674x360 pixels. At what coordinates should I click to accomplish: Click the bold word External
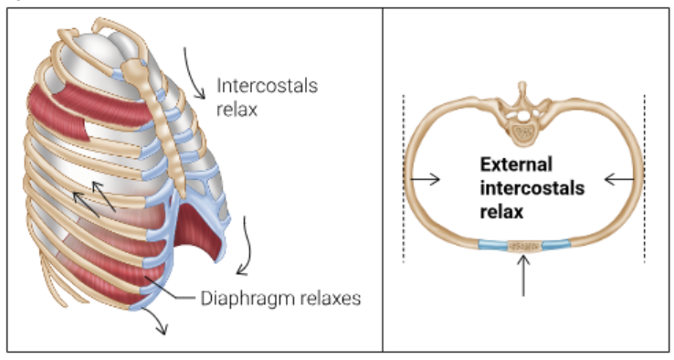click(x=516, y=165)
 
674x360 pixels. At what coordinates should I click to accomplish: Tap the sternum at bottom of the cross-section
click(x=524, y=246)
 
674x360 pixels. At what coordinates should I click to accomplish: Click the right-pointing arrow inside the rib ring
click(x=427, y=180)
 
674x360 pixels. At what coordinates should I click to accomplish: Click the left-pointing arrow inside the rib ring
click(x=620, y=180)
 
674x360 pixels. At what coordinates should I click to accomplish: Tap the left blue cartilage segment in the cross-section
click(x=492, y=245)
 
